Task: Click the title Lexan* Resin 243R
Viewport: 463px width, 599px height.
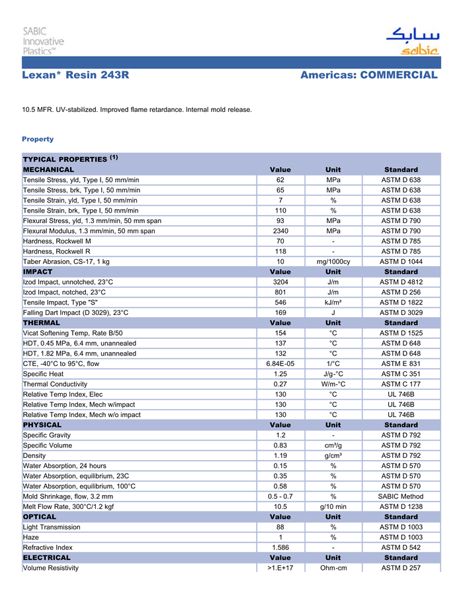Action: point(75,75)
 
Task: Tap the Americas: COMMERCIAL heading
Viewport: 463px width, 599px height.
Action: point(368,75)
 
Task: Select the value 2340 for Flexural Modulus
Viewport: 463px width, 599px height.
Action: point(280,231)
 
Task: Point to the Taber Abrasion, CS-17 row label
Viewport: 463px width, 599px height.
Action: point(66,261)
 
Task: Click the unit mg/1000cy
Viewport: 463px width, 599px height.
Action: point(333,261)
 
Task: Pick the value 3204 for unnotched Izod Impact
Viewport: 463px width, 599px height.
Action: point(280,282)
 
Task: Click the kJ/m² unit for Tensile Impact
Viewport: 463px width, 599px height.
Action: point(333,302)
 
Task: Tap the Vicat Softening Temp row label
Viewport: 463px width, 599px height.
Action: point(73,333)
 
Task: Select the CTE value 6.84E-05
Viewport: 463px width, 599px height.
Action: point(280,363)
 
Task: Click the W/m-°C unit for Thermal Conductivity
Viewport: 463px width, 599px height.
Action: point(333,384)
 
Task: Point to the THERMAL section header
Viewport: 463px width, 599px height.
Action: point(42,323)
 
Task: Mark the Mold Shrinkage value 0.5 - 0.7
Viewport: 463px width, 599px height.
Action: point(280,496)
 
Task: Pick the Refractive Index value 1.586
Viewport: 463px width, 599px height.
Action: point(280,547)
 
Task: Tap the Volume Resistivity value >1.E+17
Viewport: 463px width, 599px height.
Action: point(280,568)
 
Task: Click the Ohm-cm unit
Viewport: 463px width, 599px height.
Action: point(333,568)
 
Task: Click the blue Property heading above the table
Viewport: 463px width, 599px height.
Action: point(38,139)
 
